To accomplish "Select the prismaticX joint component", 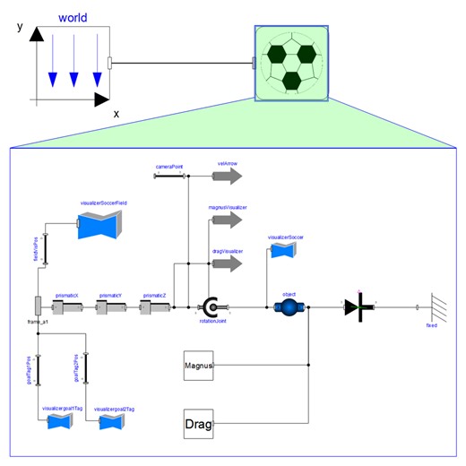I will point(67,307).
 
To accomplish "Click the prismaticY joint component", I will point(111,307).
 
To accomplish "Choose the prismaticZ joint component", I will point(154,307).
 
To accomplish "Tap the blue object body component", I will point(289,307).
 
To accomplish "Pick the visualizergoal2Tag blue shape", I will point(111,421).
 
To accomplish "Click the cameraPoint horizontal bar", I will point(168,177).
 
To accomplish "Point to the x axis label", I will point(116,114).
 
